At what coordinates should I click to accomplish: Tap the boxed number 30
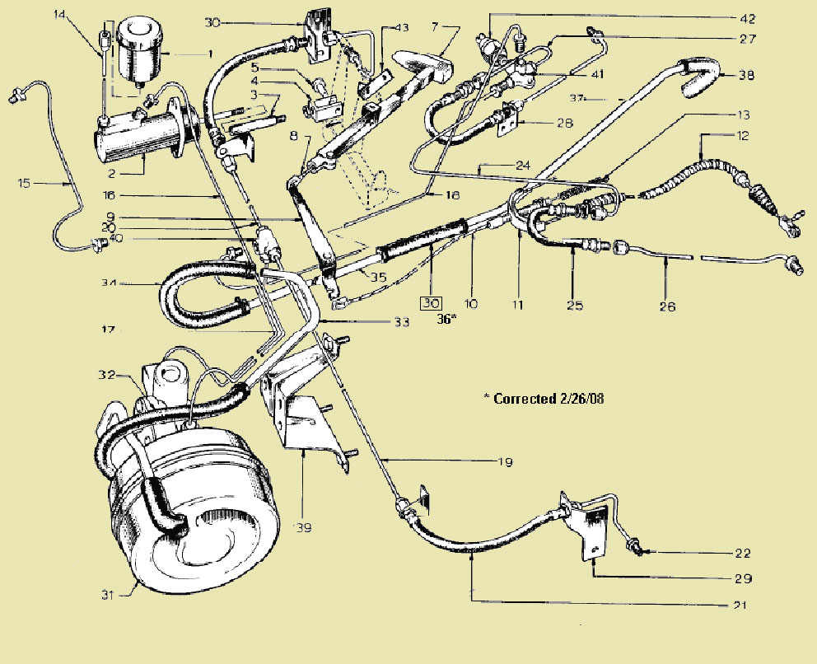click(x=429, y=302)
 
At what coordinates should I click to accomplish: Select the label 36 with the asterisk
click(x=447, y=319)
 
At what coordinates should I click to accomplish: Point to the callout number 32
click(x=105, y=374)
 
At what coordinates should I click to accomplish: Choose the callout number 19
click(x=505, y=463)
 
